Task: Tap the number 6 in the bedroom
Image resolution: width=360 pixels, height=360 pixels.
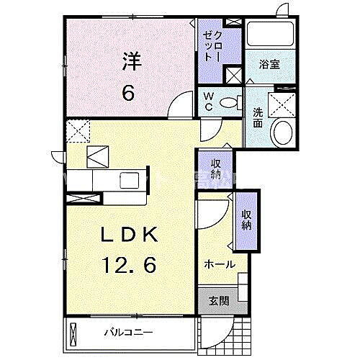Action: point(130,91)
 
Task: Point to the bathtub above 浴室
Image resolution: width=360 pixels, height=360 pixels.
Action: point(268,35)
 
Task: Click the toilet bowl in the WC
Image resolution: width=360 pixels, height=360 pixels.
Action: point(230,102)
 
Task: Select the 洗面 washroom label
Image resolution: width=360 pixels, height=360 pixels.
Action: point(257,118)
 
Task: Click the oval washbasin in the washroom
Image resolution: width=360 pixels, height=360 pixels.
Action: point(282,133)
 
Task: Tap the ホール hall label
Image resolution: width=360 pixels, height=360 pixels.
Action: point(220,264)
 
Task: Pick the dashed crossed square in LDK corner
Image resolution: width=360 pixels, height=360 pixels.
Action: point(76,130)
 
